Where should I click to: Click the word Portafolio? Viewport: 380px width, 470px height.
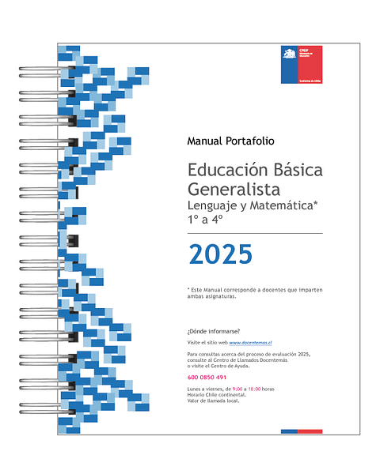coord(249,141)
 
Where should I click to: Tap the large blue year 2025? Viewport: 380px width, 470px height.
coord(220,254)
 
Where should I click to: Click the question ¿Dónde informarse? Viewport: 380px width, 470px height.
coord(214,330)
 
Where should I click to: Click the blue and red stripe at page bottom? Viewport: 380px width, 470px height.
coord(301,431)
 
